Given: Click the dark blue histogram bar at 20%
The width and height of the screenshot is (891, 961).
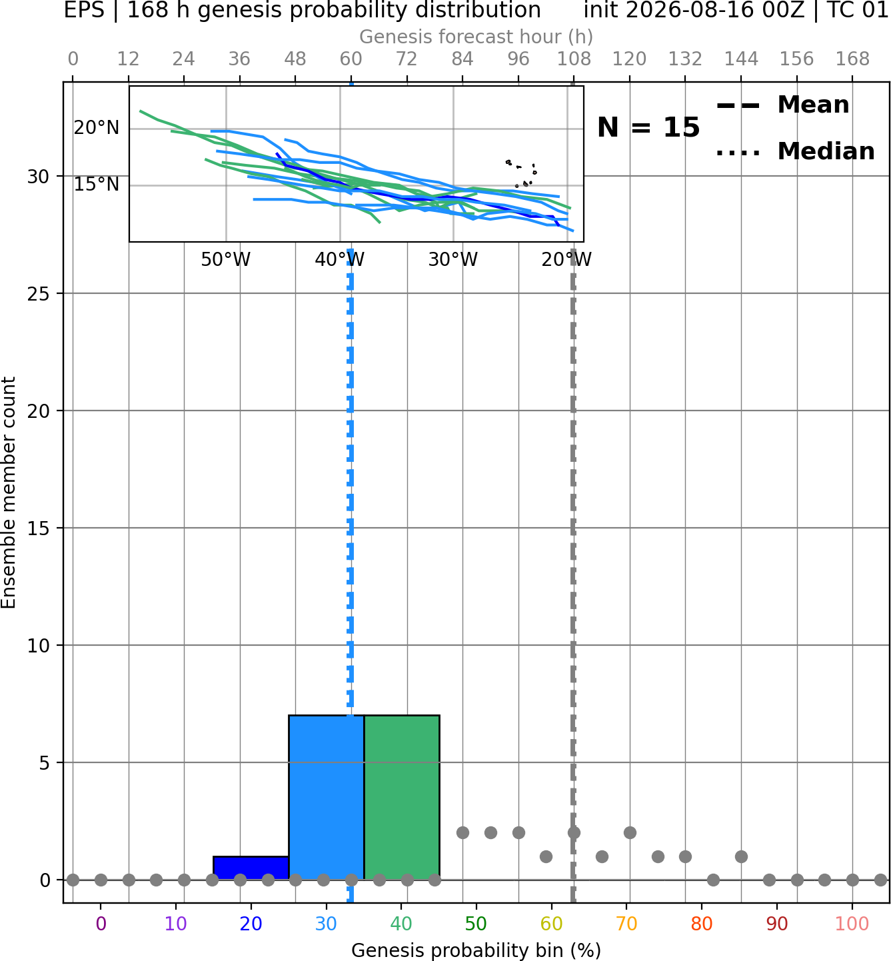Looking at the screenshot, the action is (251, 868).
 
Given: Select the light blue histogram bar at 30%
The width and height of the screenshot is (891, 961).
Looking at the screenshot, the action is (326, 798).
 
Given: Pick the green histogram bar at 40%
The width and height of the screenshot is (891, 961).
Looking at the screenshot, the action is (402, 798).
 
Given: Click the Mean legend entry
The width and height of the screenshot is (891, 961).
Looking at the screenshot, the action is (782, 105).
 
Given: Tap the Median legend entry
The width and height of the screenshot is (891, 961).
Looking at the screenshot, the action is (795, 151).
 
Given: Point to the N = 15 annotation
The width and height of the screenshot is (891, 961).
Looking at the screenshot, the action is (648, 128).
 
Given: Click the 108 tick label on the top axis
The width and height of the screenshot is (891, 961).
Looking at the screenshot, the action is (574, 59).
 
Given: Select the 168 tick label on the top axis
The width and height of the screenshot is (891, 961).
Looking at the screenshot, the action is (852, 59).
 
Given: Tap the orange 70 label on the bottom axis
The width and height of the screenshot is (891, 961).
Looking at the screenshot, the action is (626, 924).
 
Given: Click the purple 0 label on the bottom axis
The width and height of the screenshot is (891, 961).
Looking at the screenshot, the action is (101, 924).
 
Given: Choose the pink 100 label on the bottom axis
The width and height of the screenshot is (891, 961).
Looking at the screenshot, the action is (852, 924).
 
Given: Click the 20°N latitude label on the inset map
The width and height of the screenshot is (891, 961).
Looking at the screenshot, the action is (97, 128).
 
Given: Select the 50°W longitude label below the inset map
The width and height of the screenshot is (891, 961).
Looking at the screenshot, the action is (225, 260).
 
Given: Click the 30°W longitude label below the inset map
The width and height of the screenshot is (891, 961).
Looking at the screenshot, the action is (453, 260).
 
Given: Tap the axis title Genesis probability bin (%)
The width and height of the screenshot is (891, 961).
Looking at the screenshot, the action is (476, 950).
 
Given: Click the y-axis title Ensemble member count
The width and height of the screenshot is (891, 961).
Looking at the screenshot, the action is (9, 492).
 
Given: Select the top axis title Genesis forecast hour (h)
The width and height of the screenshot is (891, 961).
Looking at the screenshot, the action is (476, 37).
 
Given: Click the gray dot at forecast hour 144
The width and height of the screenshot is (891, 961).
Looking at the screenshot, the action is (741, 857).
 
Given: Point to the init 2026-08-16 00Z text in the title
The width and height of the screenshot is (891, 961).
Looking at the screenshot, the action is (694, 10).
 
